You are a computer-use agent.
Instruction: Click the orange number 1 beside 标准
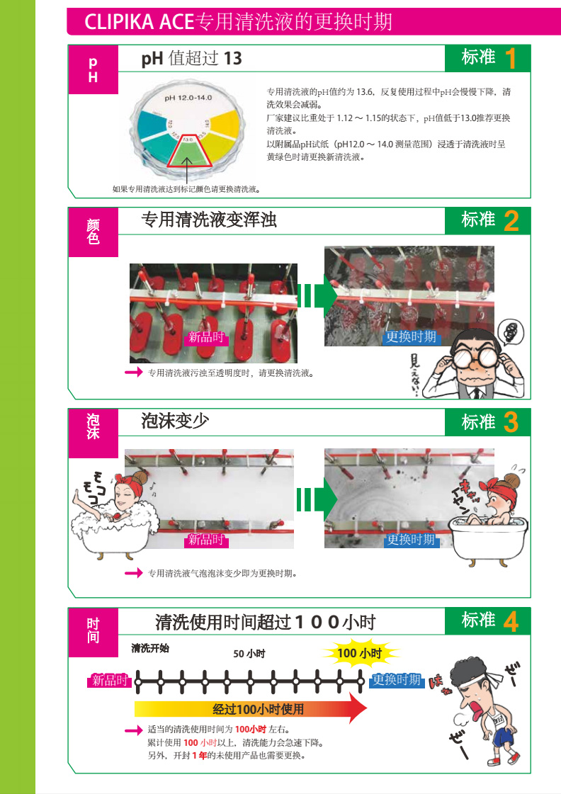click(511, 58)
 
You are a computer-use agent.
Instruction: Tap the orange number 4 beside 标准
click(511, 621)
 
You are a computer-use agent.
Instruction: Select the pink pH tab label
click(93, 69)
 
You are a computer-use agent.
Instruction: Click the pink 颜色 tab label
click(93, 232)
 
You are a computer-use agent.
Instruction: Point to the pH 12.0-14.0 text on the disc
click(188, 98)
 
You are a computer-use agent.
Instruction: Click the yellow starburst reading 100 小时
click(360, 653)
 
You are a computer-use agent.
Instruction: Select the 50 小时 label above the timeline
click(249, 654)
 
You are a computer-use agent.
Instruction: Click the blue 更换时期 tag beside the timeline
click(397, 679)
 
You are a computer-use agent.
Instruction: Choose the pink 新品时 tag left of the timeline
click(110, 680)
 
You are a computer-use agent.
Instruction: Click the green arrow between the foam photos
click(317, 499)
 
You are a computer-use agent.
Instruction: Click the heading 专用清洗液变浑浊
click(209, 220)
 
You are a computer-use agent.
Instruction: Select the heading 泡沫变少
click(175, 420)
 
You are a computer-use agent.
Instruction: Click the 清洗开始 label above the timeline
click(150, 647)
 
